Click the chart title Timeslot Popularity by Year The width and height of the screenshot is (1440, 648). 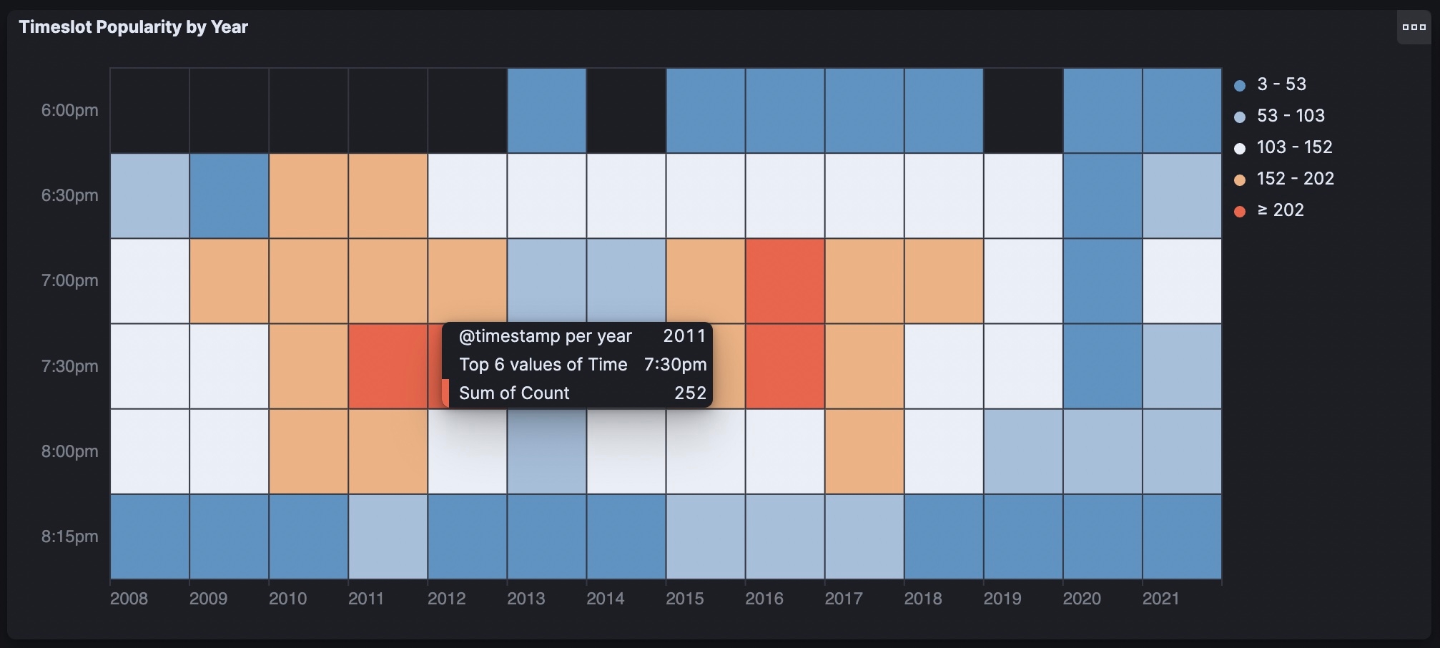pyautogui.click(x=133, y=27)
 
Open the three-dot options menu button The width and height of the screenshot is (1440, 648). pyautogui.click(x=1414, y=27)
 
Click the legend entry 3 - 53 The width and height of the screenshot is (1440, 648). pyautogui.click(x=1281, y=84)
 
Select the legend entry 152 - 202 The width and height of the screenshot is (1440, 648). pyautogui.click(x=1294, y=179)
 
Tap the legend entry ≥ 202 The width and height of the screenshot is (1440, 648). pyautogui.click(x=1280, y=210)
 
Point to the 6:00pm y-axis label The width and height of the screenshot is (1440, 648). pyautogui.click(x=69, y=110)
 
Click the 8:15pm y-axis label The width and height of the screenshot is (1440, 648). pyautogui.click(x=69, y=536)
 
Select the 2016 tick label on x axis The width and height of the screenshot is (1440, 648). pyautogui.click(x=764, y=599)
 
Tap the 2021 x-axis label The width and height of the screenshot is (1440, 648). pyautogui.click(x=1160, y=599)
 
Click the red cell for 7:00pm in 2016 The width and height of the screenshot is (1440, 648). pyautogui.click(x=784, y=280)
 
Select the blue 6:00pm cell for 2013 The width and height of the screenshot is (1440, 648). pyautogui.click(x=546, y=110)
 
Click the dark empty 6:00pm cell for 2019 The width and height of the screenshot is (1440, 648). pyautogui.click(x=1022, y=110)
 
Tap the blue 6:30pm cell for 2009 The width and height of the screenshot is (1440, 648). pyautogui.click(x=229, y=195)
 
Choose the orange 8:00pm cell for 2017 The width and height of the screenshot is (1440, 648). pyautogui.click(x=864, y=451)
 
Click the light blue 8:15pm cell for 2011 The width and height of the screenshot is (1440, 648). pyautogui.click(x=388, y=536)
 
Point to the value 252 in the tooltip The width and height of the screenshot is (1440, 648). pyautogui.click(x=690, y=393)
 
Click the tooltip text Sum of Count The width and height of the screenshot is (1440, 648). pyautogui.click(x=514, y=393)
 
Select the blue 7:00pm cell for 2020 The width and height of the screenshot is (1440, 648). pyautogui.click(x=1102, y=280)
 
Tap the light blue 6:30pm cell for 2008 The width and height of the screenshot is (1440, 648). pyautogui.click(x=149, y=195)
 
